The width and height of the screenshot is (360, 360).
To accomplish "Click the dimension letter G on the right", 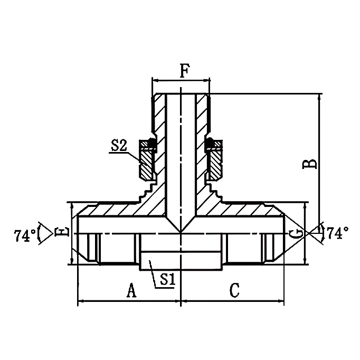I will [x=299, y=233].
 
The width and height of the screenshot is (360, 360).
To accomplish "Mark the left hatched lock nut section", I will [x=146, y=164].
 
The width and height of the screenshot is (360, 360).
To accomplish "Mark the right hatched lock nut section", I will [x=215, y=164].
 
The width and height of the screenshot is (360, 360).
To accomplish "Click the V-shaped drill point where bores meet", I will [x=181, y=231].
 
